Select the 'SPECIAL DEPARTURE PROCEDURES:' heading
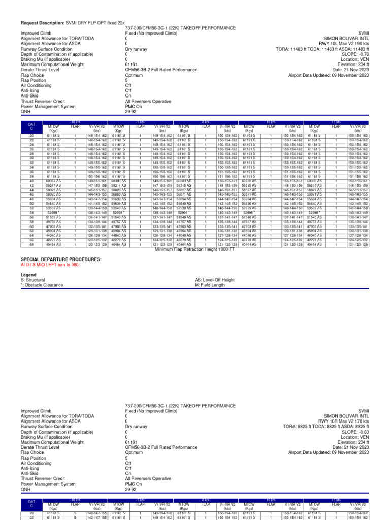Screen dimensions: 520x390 tap(60, 259)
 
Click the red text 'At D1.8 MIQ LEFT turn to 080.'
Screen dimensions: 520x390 tap(50, 265)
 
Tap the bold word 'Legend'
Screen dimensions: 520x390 tap(28, 275)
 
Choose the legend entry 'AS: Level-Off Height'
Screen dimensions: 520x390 tap(214, 280)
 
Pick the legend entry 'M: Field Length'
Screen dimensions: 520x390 tap(209, 285)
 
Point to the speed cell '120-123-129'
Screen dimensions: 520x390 tap(96, 244)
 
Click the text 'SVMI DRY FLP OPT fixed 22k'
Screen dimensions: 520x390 tap(95, 23)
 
